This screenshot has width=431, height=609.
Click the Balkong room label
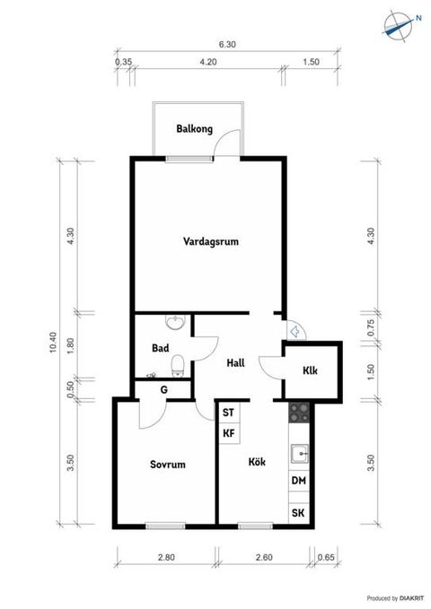click(x=195, y=130)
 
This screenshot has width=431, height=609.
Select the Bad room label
click(x=162, y=348)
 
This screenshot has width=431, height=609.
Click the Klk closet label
click(x=310, y=370)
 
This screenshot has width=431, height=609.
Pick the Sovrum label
click(x=167, y=465)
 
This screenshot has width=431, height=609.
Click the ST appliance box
click(x=228, y=413)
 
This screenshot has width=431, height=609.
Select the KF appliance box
click(x=228, y=433)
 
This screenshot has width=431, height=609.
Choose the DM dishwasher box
click(x=298, y=481)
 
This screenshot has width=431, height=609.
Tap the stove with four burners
click(x=298, y=413)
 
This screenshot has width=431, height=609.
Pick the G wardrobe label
click(x=163, y=389)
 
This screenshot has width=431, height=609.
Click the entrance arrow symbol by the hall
click(x=294, y=330)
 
